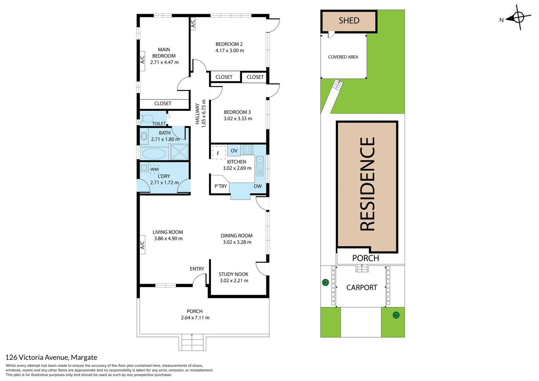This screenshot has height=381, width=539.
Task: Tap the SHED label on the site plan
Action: click(x=349, y=21)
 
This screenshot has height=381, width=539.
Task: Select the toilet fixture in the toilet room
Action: click(x=147, y=118)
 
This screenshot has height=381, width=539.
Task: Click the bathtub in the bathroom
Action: click(x=154, y=154)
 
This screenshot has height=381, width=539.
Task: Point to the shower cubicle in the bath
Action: click(x=180, y=152)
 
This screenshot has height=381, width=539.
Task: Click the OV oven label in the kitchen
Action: click(x=234, y=151)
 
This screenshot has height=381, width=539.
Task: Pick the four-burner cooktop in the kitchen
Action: click(x=248, y=150)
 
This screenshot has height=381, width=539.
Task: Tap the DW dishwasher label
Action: click(x=258, y=186)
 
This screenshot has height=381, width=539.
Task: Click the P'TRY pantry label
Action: click(x=220, y=186)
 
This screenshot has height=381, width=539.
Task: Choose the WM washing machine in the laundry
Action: click(x=155, y=169)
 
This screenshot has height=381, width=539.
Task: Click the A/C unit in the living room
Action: click(x=143, y=245)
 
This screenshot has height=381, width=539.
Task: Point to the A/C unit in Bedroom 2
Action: click(x=193, y=24)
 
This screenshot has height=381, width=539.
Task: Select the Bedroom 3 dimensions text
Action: click(x=238, y=119)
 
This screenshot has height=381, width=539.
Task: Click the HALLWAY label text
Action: click(x=198, y=114)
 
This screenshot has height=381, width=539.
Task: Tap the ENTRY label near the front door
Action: click(x=197, y=269)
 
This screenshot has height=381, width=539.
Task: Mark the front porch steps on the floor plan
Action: click(x=192, y=342)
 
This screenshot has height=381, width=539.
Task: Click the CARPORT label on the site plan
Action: click(x=362, y=288)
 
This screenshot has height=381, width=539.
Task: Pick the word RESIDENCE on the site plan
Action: click(x=367, y=184)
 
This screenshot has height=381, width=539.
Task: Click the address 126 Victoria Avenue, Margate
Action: click(x=51, y=357)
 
